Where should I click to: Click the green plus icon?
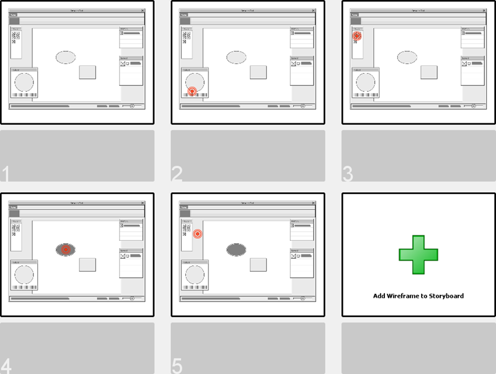point(418,255)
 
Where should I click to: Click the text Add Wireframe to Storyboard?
point(418,296)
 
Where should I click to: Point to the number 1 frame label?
point(6,174)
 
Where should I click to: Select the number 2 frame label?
point(177,174)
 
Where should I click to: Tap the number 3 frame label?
point(348,174)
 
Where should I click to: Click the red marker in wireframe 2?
point(193,91)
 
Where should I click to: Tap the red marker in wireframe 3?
point(357,36)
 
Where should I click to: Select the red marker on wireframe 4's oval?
point(65,249)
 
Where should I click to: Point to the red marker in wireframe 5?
point(198,234)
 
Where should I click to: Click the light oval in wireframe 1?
point(65,57)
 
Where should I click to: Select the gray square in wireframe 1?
point(87,72)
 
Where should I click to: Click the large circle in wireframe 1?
point(24,82)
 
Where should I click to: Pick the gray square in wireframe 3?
point(429,72)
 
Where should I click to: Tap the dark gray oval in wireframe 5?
point(236,249)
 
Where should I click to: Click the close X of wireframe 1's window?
point(142,11)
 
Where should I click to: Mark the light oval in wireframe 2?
point(236,57)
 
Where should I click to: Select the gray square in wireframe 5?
point(259,264)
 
